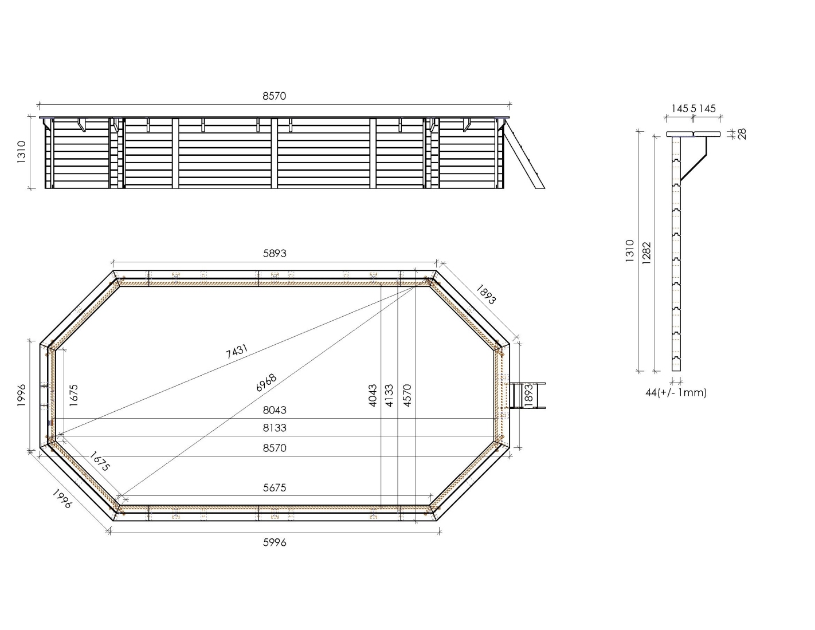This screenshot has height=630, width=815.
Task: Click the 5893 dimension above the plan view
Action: pyautogui.click(x=275, y=253)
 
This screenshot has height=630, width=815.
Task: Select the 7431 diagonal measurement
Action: pyautogui.click(x=237, y=352)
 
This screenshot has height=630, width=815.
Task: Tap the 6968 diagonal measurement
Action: pyautogui.click(x=266, y=383)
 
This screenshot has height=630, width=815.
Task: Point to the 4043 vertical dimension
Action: pyautogui.click(x=373, y=395)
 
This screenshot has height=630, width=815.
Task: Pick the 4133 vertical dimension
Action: pyautogui.click(x=389, y=395)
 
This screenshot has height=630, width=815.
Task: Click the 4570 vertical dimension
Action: pyautogui.click(x=407, y=395)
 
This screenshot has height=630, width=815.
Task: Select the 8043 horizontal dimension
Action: pyautogui.click(x=275, y=410)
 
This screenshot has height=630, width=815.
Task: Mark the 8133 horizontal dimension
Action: pyautogui.click(x=275, y=428)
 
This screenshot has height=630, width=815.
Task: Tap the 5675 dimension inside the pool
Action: pyautogui.click(x=275, y=487)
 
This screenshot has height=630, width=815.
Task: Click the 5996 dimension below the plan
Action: pyautogui.click(x=275, y=542)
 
